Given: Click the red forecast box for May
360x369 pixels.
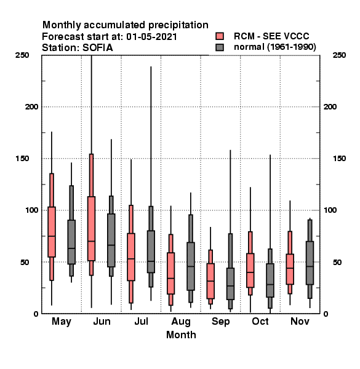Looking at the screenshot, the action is point(52,232).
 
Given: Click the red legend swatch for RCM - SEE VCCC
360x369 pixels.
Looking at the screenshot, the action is point(220,36).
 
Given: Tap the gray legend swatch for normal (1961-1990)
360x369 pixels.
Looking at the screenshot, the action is point(220,47).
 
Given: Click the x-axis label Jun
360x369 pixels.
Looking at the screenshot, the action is point(102,322).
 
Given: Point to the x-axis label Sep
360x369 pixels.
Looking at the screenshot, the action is point(220,322).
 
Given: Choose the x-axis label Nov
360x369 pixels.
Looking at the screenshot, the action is point(300,321).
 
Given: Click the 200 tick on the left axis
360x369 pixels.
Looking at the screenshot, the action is point(31,107).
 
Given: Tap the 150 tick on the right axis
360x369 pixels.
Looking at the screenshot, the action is point(339,159).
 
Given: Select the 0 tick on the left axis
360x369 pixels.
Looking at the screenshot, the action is point(36,314).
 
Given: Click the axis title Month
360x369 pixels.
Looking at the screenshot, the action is point(181,335).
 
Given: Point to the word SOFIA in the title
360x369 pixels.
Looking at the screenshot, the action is point(97,48).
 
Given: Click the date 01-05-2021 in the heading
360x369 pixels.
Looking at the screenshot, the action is point(151,37).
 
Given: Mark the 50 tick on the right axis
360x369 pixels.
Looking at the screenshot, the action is point(337,262).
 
